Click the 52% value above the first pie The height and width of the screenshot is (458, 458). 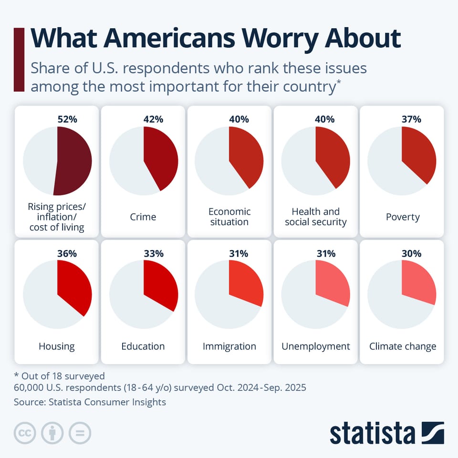(67, 119)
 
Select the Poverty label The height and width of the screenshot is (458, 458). (403, 217)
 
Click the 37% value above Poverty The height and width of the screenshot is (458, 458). (411, 119)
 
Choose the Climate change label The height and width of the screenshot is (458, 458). (403, 346)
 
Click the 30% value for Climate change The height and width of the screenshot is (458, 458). (411, 254)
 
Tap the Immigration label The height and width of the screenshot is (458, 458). (229, 346)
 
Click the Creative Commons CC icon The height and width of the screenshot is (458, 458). (25, 433)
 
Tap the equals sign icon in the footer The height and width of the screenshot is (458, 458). (80, 433)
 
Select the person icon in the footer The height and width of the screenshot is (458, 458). (52, 433)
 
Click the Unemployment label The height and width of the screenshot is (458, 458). (316, 346)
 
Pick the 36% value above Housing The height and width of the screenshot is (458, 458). (67, 254)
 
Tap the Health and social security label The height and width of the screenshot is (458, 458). (316, 217)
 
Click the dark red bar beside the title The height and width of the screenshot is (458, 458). (19, 60)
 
